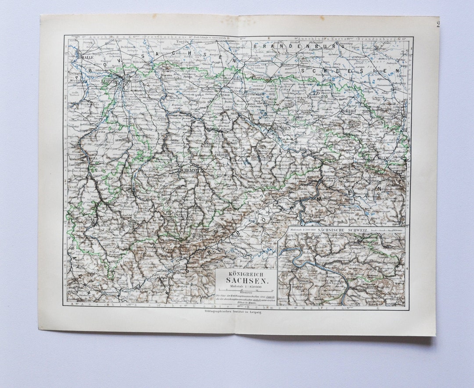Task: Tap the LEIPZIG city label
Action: (110, 81)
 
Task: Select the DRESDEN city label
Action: (281, 128)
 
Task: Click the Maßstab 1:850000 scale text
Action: (245, 286)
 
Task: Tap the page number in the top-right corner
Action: (438, 24)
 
